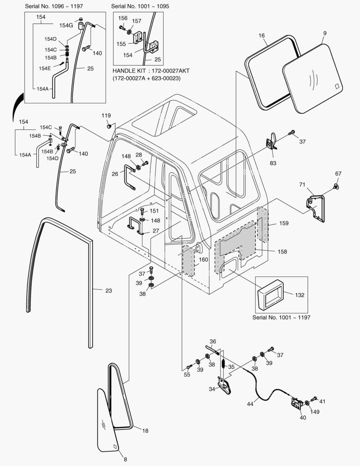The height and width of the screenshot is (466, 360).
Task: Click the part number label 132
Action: pyautogui.click(x=300, y=295)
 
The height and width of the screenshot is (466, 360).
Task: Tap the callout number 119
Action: pyautogui.click(x=106, y=116)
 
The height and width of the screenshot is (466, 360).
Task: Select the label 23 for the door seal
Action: pyautogui.click(x=108, y=291)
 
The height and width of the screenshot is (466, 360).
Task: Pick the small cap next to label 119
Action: pyautogui.click(x=110, y=126)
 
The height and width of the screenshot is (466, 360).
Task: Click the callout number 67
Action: pyautogui.click(x=338, y=174)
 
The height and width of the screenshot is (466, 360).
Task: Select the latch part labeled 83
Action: pyautogui.click(x=272, y=142)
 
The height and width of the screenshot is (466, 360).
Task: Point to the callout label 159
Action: pyautogui.click(x=283, y=224)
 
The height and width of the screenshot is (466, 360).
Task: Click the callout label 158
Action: pyautogui.click(x=282, y=252)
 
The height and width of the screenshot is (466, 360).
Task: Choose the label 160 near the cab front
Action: pyautogui.click(x=203, y=259)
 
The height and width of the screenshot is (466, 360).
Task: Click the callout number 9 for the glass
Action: pyautogui.click(x=325, y=33)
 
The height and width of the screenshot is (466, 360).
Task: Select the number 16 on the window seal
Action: pyautogui.click(x=261, y=35)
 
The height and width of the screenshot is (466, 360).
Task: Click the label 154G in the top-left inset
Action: pyautogui.click(x=66, y=26)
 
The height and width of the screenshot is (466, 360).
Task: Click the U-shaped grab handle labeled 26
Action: pyautogui.click(x=129, y=177)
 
